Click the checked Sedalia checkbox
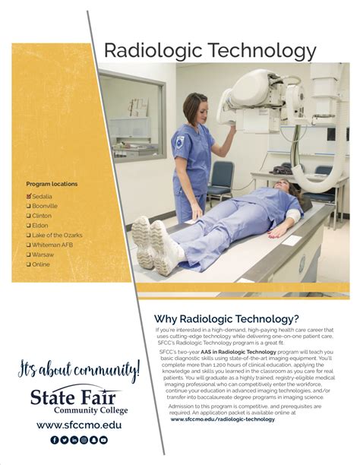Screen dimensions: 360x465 29,196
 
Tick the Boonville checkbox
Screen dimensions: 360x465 29,206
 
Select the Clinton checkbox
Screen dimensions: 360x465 29,216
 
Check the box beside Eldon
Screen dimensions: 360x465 29,226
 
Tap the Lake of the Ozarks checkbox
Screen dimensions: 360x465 29,236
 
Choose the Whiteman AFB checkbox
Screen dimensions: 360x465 29,245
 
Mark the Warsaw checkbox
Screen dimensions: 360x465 29,255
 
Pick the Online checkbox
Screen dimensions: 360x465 29,264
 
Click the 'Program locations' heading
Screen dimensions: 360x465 52,184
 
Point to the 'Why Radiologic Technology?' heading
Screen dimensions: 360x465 226,318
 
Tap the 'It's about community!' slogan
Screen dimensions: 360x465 79,372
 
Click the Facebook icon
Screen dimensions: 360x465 55,439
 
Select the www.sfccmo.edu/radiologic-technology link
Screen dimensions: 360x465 223,419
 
